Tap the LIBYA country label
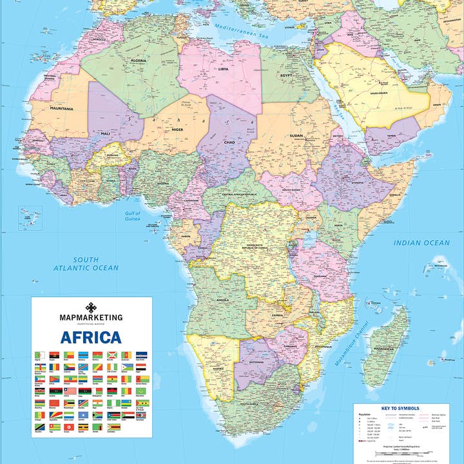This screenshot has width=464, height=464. [x=224, y=68]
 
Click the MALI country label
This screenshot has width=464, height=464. [x=104, y=133]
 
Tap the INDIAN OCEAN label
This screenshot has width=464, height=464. [x=422, y=243]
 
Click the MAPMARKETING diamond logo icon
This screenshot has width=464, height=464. [x=91, y=307]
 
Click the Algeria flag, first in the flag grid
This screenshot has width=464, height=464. [x=39, y=355]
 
